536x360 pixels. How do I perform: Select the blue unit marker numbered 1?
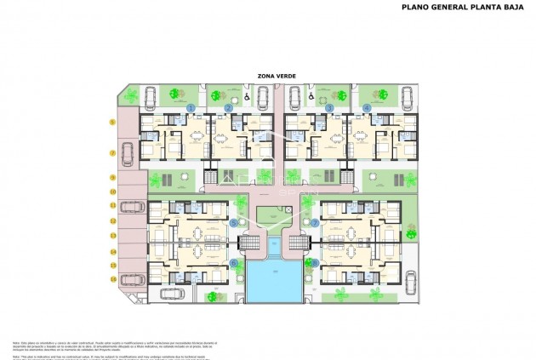pyautogui.click(x=191, y=108)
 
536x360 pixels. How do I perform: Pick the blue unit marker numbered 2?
pyautogui.click(x=229, y=108)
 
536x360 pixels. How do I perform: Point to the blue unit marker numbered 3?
pyautogui.click(x=328, y=108)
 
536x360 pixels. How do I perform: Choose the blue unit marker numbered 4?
pyautogui.click(x=367, y=108)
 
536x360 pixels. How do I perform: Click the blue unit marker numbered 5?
pyautogui.click(x=233, y=223)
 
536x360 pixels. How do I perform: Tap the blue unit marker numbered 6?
pyautogui.click(x=233, y=263)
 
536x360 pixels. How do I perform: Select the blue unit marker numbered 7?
pyautogui.click(x=314, y=223)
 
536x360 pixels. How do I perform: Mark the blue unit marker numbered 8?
pyautogui.click(x=314, y=263)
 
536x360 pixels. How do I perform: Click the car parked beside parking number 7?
pyautogui.click(x=128, y=154)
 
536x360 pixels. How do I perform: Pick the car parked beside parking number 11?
pyautogui.click(x=132, y=206)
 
